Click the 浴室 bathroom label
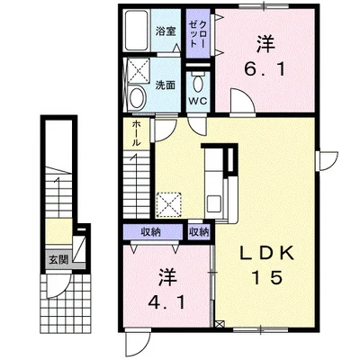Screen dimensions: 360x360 pos(166,31)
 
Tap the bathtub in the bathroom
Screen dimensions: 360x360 pos(137,31)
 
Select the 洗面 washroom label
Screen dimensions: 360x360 pos(165,85)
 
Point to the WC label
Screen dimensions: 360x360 pos(198,101)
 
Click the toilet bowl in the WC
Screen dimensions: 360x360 pos(198,84)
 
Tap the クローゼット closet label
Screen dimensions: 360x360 pos(198,33)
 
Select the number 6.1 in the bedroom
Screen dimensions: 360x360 pos(265,70)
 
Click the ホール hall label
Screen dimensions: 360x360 pos(137,132)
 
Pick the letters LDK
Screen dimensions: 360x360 pos(266,255)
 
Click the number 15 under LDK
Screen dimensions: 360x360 pos(267,277)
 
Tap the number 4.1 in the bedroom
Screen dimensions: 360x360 pos(166,303)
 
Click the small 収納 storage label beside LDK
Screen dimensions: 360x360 pos(199,232)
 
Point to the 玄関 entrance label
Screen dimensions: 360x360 pos(58,260)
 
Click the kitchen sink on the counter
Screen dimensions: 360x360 pos(214,202)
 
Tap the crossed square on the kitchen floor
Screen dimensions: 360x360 pos(169,204)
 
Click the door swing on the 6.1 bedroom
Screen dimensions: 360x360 pos(243,102)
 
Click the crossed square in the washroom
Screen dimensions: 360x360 pos(139,70)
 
